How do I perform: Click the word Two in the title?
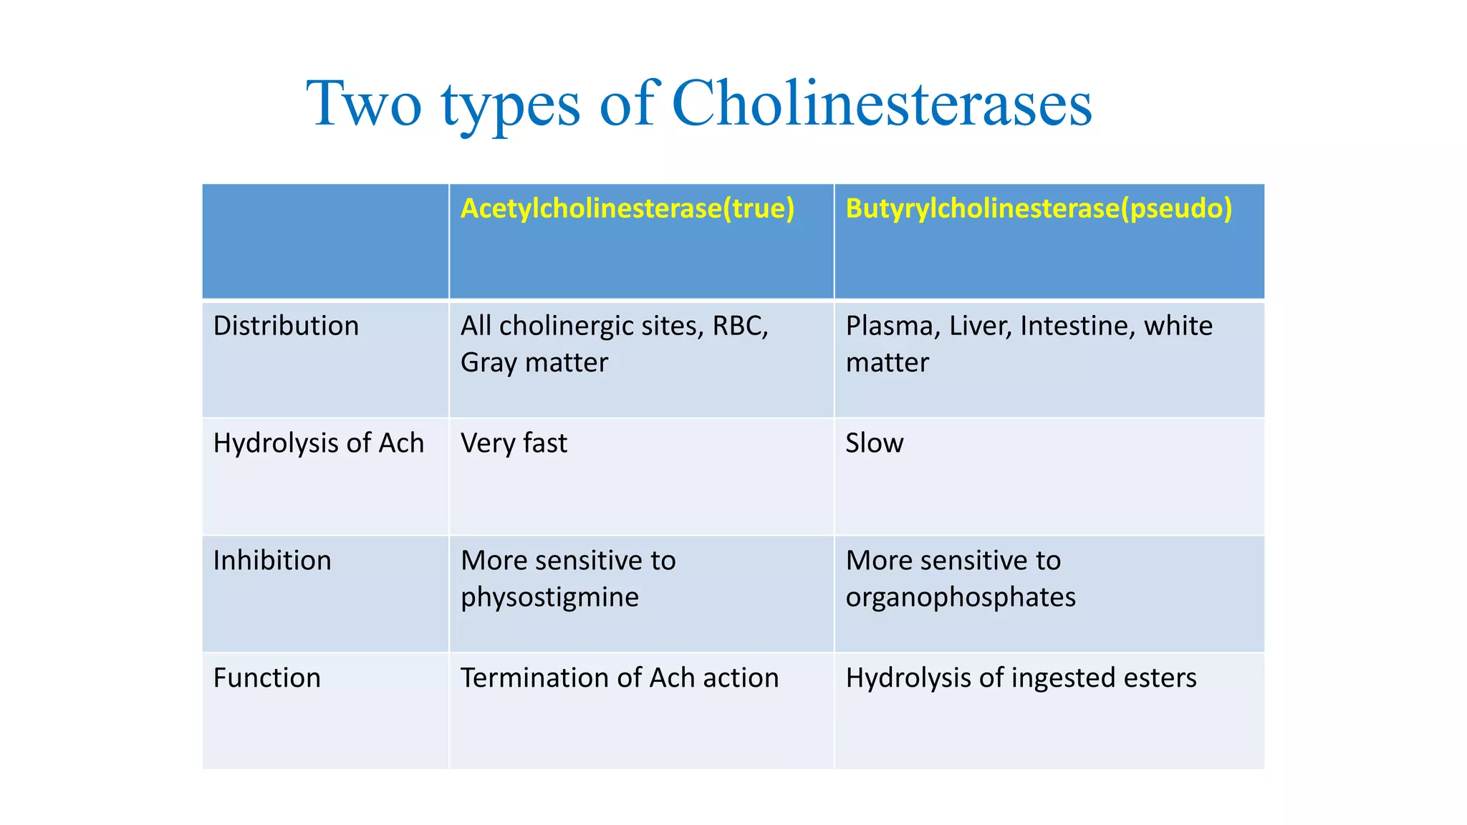pos(364,104)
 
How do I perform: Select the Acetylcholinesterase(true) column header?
pos(627,208)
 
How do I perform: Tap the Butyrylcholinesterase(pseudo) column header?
pos(1039,208)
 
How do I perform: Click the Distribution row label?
pos(286,326)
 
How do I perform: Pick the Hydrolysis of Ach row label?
pos(318,443)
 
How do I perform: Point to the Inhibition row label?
pos(272,561)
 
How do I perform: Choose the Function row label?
pos(266,678)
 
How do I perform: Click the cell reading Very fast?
pos(514,443)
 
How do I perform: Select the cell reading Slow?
pos(874,443)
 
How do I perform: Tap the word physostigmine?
pos(549,597)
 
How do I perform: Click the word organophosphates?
pos(961,597)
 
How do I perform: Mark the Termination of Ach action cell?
pos(619,678)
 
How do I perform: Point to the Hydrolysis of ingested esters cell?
pos(1021,678)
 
